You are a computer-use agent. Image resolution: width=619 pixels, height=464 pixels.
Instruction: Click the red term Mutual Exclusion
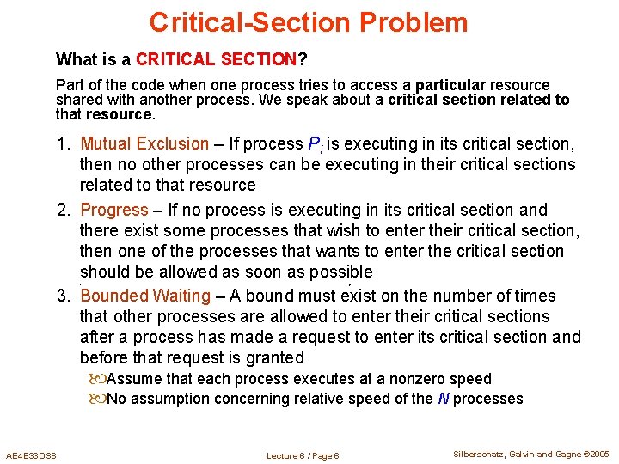point(144,143)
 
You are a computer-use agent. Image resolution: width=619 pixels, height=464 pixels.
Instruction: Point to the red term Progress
point(114,210)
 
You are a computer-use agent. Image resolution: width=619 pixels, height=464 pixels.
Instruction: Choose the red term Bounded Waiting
point(145,296)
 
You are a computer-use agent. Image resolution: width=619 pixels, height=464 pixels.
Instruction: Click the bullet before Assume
point(96,379)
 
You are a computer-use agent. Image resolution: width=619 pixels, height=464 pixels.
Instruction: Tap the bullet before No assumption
point(96,399)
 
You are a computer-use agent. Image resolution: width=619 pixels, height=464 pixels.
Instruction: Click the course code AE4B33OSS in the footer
point(31,455)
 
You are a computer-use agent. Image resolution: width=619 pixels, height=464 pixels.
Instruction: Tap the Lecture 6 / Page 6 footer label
point(303,455)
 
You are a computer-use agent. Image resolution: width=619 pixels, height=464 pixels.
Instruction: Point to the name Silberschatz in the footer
point(480,454)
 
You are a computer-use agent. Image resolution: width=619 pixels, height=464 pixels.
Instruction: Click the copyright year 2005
point(598,454)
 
